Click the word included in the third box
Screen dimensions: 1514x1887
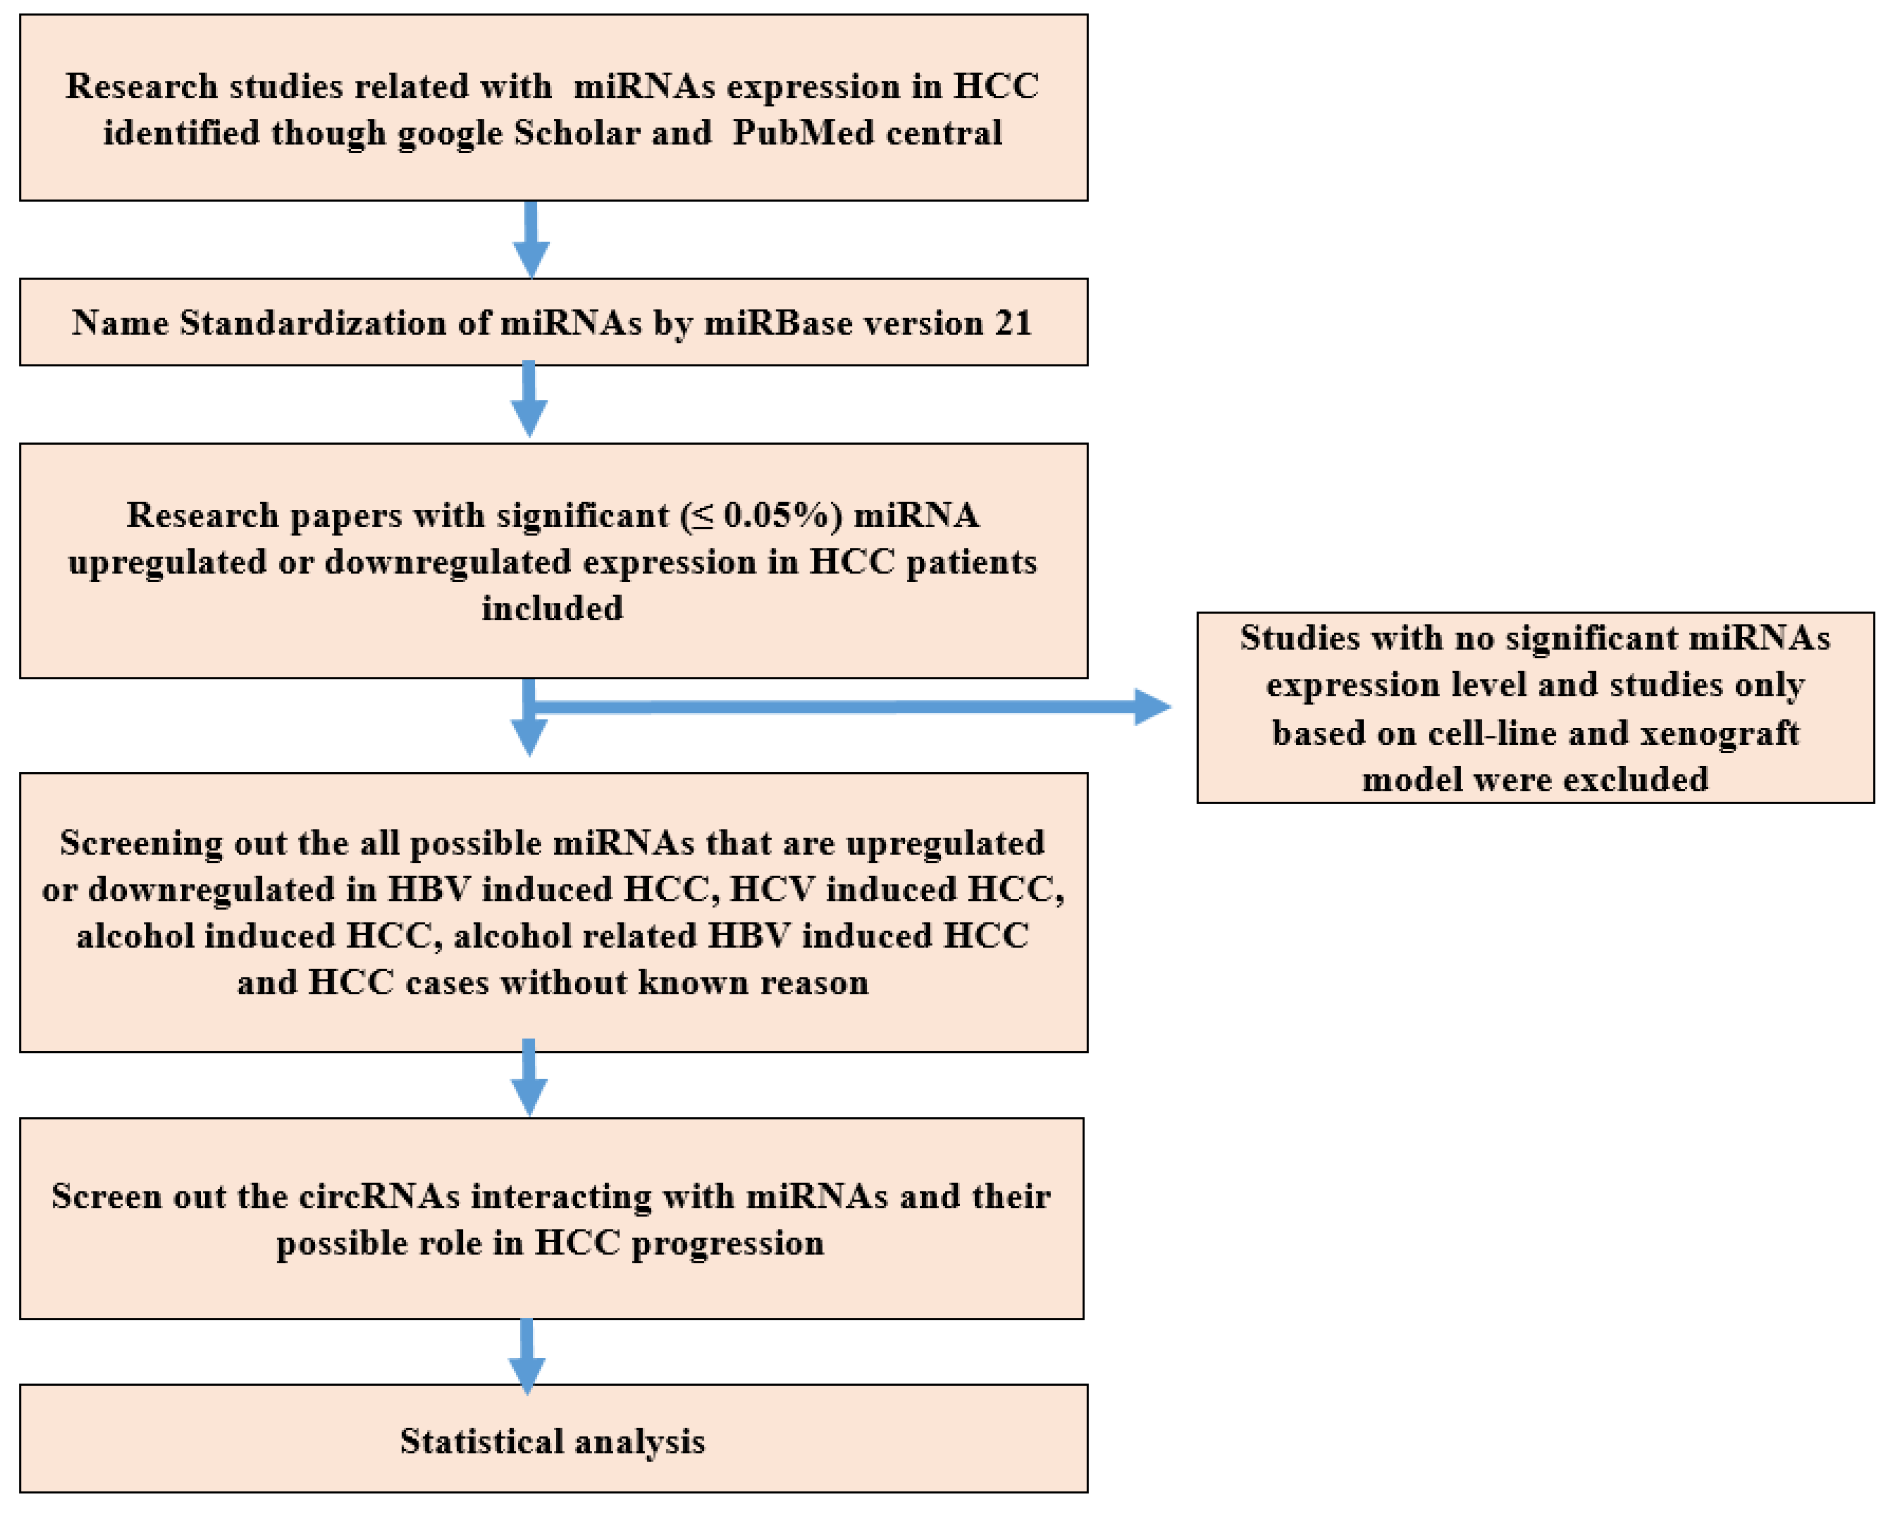click(x=552, y=608)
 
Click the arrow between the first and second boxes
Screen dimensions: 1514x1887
click(x=530, y=241)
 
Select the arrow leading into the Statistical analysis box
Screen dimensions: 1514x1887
click(x=527, y=1356)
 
